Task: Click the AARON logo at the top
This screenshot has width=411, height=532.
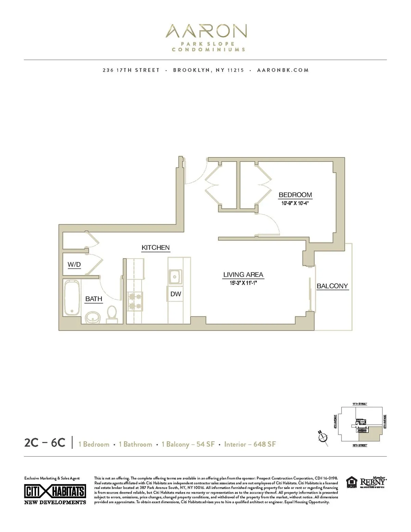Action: click(x=206, y=31)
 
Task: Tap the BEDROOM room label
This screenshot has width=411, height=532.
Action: click(x=295, y=195)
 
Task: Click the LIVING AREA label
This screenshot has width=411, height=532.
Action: click(x=243, y=275)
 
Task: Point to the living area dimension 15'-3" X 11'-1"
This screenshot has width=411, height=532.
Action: click(x=243, y=283)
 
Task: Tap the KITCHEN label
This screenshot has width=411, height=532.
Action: click(x=155, y=247)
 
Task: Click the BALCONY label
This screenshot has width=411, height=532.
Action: click(x=332, y=286)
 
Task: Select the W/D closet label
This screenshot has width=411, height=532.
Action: click(x=74, y=264)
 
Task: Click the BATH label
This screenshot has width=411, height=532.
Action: click(x=94, y=299)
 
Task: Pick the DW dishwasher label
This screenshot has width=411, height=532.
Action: click(x=176, y=294)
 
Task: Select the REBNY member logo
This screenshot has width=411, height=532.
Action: click(x=373, y=482)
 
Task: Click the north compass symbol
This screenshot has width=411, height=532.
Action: click(x=322, y=438)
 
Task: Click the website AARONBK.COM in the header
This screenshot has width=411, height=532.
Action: click(x=283, y=70)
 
